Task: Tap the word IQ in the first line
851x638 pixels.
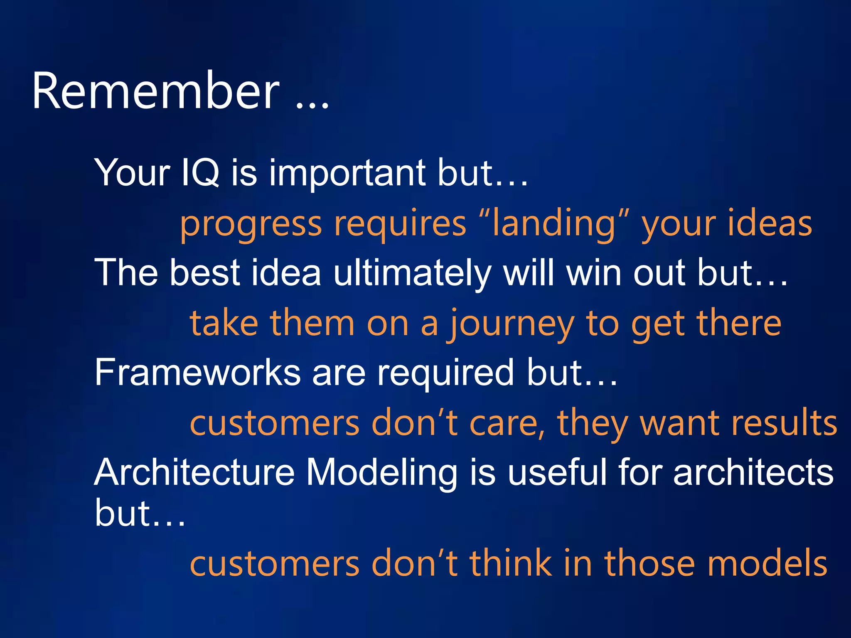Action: pos(200,172)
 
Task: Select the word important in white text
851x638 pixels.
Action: pos(347,172)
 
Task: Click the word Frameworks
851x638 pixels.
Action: pos(197,373)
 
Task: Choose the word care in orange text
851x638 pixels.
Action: pos(507,423)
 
